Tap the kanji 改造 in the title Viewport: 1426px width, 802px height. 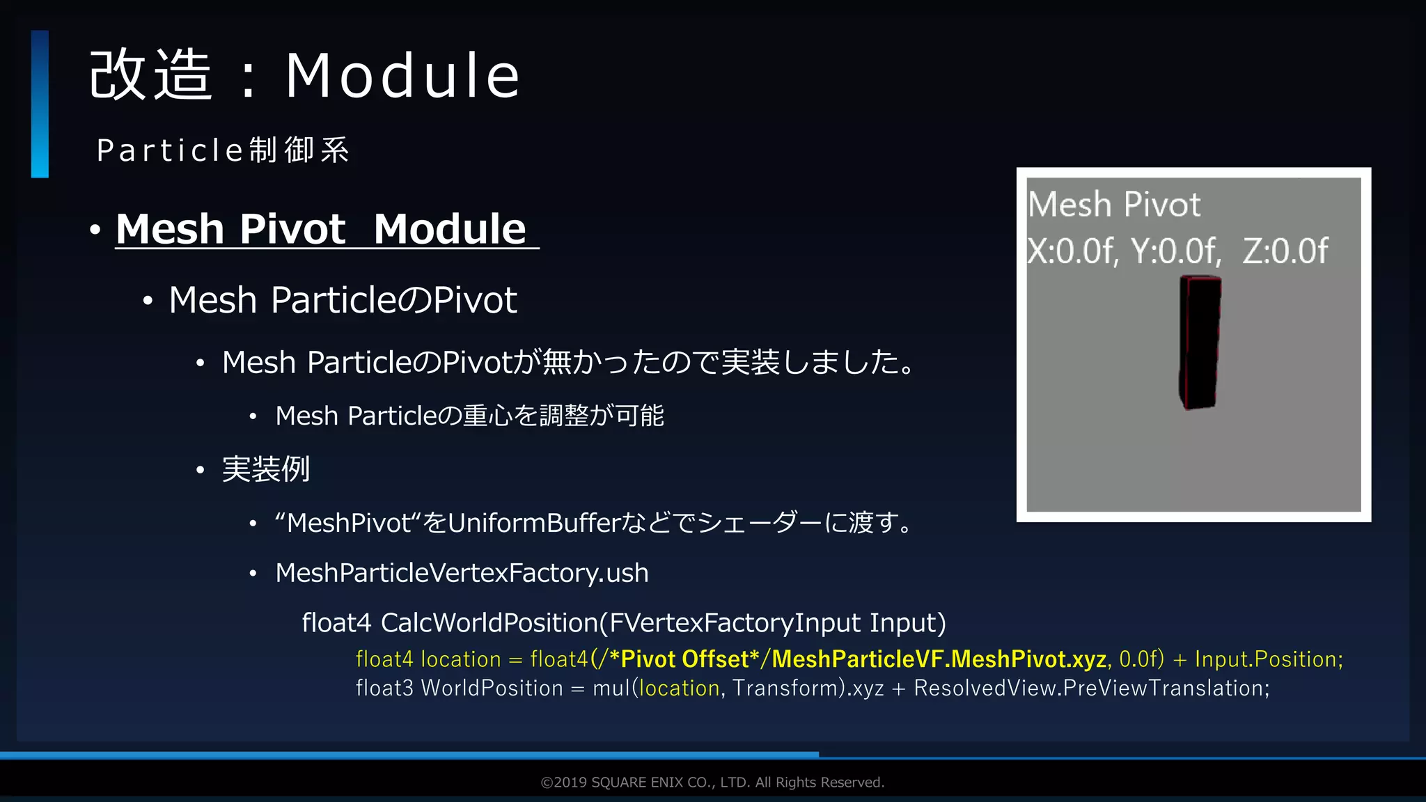coord(150,75)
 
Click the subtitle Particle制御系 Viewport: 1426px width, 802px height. coord(223,150)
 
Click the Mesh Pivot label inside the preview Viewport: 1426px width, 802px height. coord(1114,205)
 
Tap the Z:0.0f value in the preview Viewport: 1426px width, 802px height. coord(1285,251)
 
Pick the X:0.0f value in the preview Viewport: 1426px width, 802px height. coord(1072,251)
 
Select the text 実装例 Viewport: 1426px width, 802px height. coord(265,469)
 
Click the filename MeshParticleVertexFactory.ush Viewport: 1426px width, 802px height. coord(462,573)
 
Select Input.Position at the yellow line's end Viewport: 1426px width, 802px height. coord(1267,659)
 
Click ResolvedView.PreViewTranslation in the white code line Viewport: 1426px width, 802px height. coord(1090,689)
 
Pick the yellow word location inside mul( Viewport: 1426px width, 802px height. coord(679,689)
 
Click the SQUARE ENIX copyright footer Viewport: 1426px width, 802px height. coord(712,783)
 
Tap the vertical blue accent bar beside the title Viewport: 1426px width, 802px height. coord(40,104)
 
